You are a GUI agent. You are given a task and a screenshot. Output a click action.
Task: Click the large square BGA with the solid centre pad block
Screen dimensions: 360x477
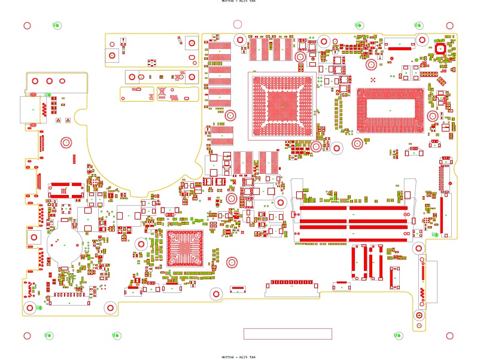click(x=282, y=106)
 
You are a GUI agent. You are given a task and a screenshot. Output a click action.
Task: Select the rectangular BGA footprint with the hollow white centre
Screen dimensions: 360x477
click(x=390, y=110)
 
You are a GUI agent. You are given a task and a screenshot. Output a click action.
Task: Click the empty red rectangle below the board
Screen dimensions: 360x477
click(x=287, y=334)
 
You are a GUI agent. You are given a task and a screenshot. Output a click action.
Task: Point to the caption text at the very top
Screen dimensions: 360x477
click(x=238, y=1)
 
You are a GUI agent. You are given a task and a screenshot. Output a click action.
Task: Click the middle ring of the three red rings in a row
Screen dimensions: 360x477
click(x=48, y=81)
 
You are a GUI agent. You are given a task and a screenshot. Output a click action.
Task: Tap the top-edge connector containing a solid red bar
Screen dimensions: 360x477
click(x=400, y=43)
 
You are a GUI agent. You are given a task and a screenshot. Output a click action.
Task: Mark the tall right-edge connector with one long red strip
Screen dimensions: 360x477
click(x=445, y=197)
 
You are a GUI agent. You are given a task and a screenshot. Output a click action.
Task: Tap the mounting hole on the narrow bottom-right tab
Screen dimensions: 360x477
click(x=420, y=315)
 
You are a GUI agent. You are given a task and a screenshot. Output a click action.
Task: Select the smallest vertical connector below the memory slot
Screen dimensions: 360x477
click(x=394, y=277)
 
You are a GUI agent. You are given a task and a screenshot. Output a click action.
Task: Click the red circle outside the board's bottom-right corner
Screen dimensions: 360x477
click(x=449, y=336)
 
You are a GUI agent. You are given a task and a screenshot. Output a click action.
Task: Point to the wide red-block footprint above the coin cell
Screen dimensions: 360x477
click(x=65, y=190)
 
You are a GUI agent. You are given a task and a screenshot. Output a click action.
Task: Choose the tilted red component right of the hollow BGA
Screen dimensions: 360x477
click(x=442, y=80)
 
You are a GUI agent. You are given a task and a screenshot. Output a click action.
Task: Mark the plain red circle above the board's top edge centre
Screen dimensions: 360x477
click(x=238, y=24)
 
